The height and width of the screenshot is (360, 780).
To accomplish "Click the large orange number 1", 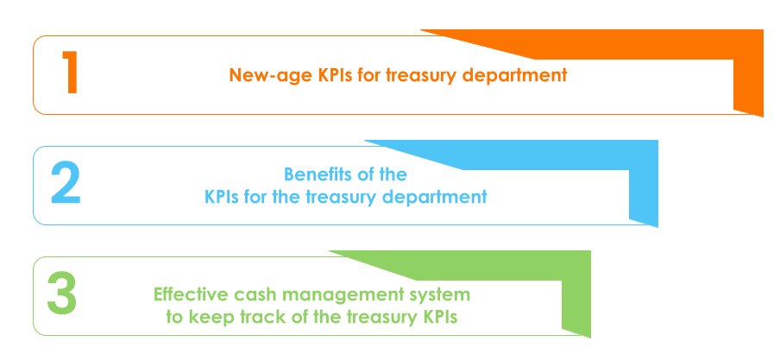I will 70,73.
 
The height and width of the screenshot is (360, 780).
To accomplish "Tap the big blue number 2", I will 66,185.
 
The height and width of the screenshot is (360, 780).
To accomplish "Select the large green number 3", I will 62,294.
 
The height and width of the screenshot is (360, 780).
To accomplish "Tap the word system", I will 442,295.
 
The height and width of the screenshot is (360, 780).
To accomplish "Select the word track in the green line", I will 256,317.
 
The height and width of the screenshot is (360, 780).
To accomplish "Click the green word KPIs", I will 439,317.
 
